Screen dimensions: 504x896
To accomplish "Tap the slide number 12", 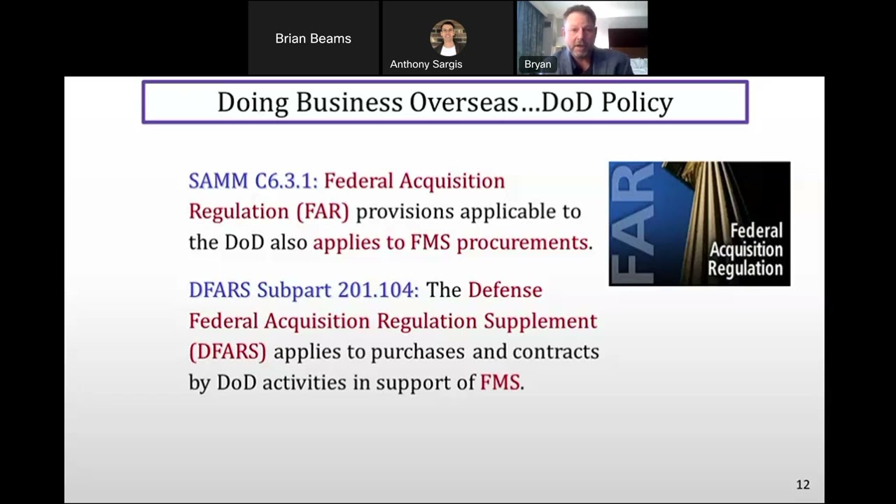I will click(x=803, y=484).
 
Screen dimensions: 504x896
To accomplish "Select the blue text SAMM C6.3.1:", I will click(x=253, y=181).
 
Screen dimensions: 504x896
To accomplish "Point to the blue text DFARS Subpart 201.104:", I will click(x=304, y=290).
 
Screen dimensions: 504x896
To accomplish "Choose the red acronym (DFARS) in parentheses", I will click(x=227, y=351).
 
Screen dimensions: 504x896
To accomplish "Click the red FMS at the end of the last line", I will click(x=500, y=382).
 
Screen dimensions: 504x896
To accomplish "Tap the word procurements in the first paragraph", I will click(x=522, y=242).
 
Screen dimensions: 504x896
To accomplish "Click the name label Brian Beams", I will click(x=313, y=38).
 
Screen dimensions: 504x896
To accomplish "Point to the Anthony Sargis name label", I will click(x=426, y=64).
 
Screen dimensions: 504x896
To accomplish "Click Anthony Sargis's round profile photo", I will click(x=448, y=37).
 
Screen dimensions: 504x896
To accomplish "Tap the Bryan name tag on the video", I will click(x=538, y=64).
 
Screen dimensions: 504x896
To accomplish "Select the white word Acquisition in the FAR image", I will click(x=745, y=250).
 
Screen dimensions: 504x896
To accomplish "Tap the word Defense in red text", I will click(x=505, y=290).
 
